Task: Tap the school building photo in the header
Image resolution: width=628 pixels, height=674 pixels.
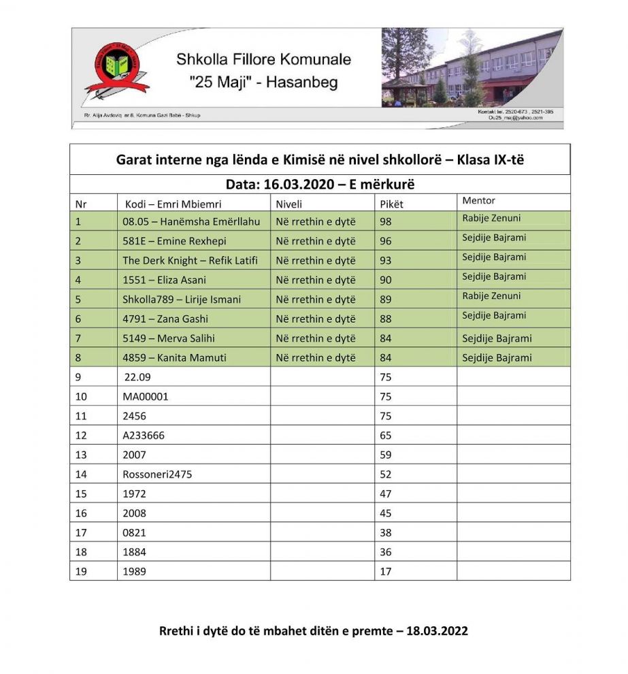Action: click(472, 67)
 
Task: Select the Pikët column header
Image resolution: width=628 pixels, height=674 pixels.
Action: click(391, 204)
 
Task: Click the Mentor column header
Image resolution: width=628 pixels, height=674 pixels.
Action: click(478, 201)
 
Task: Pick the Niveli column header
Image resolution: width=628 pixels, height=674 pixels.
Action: click(288, 204)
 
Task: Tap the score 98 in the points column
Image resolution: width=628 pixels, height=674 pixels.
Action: click(386, 221)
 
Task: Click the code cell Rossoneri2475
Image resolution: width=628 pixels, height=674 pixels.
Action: click(157, 475)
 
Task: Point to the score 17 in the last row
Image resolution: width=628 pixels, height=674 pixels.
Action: click(386, 572)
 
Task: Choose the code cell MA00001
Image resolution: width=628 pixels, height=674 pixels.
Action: click(145, 396)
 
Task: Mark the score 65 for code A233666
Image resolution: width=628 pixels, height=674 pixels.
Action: click(386, 435)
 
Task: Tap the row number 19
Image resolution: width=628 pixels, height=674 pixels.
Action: click(81, 572)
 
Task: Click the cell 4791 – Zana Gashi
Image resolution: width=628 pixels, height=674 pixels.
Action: click(165, 319)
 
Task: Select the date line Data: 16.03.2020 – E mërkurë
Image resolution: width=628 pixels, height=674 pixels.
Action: click(320, 185)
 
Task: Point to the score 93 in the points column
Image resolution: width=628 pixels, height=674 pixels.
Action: click(386, 260)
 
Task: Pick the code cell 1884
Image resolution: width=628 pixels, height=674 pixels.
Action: click(134, 552)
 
